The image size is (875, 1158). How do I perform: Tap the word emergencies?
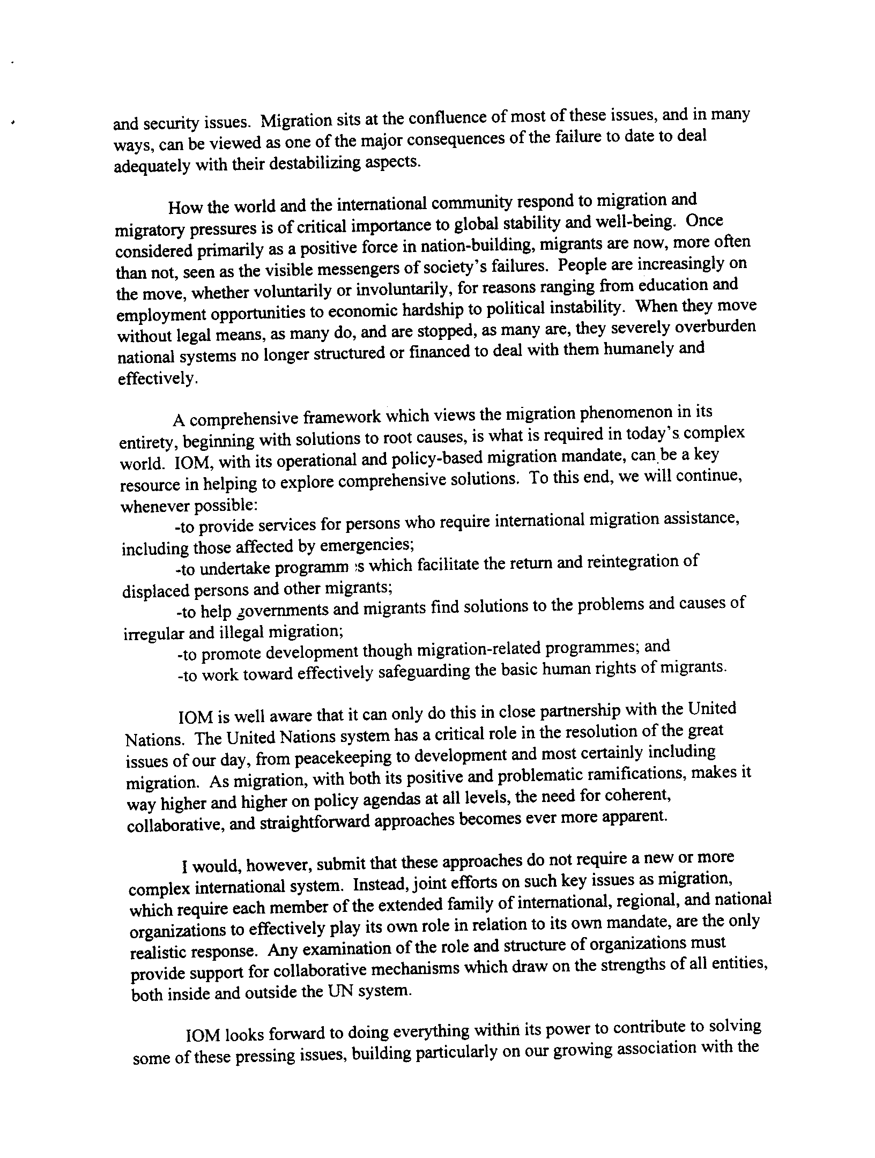coord(367,545)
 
